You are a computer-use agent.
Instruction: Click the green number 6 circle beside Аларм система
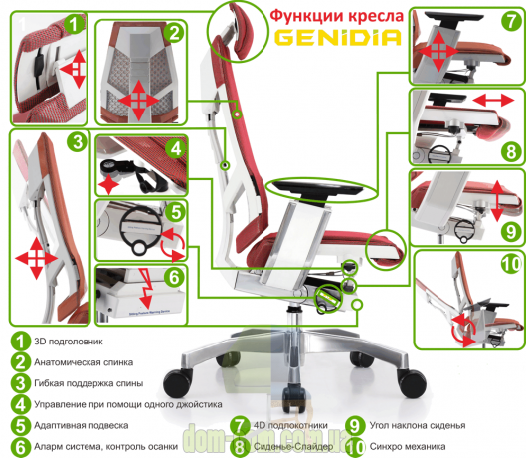pos(19,447)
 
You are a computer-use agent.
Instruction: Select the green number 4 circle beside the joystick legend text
pos(19,404)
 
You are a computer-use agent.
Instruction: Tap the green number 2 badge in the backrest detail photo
pos(175,32)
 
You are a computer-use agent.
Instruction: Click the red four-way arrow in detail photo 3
pos(37,258)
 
